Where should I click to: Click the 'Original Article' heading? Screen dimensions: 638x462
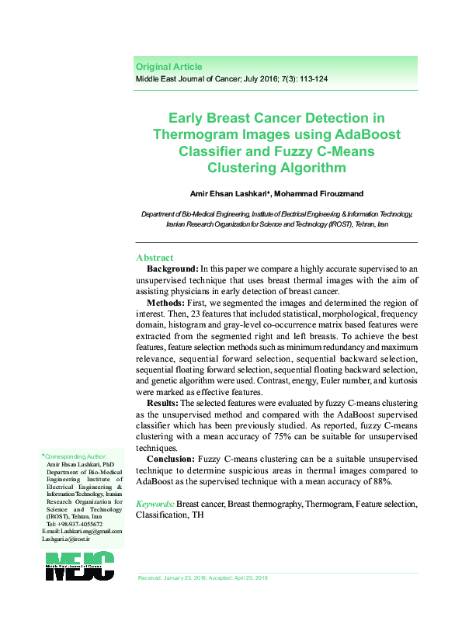168,67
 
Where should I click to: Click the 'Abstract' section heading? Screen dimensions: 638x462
155,258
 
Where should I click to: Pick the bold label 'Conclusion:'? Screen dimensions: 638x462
171,459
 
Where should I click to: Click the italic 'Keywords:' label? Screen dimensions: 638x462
155,504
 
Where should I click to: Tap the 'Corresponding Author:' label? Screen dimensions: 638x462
75,457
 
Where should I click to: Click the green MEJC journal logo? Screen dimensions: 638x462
79,565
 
